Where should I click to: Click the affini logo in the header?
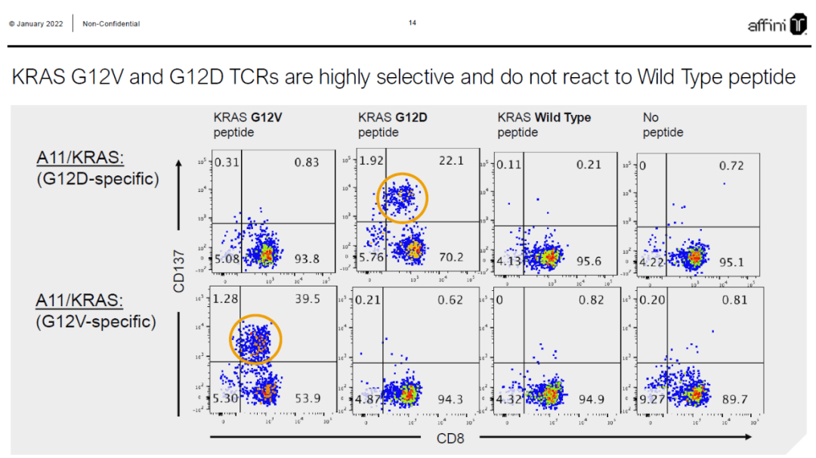click(777, 24)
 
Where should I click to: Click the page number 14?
click(413, 23)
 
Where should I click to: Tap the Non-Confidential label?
click(111, 24)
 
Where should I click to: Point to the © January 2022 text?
click(37, 24)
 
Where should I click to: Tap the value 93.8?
click(306, 259)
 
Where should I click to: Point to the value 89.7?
click(733, 398)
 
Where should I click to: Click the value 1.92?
click(373, 161)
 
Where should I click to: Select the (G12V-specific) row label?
click(96, 321)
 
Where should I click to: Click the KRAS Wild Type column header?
click(544, 118)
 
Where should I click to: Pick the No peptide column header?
click(663, 125)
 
